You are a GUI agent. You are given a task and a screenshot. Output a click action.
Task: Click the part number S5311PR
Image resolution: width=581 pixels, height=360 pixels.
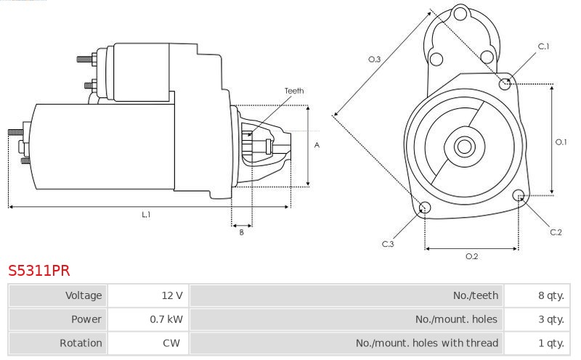tap(39, 271)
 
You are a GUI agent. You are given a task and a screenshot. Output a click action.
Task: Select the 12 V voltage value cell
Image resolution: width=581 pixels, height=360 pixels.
tap(148, 295)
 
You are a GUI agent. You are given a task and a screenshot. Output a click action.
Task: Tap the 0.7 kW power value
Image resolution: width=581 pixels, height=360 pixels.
tap(148, 319)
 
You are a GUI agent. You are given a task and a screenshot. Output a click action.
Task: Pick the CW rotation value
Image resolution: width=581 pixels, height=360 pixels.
tap(148, 343)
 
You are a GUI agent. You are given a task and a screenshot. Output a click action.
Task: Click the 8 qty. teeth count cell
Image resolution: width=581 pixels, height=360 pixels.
tap(537, 295)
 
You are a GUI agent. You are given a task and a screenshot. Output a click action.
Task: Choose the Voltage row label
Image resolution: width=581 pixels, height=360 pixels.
tap(84, 295)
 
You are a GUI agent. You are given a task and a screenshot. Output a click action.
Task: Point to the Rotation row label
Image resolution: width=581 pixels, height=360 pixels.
tap(81, 343)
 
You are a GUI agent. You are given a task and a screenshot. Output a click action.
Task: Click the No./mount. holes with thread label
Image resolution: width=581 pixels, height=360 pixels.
tap(427, 343)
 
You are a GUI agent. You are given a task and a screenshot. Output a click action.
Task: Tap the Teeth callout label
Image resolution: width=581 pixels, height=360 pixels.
tap(294, 91)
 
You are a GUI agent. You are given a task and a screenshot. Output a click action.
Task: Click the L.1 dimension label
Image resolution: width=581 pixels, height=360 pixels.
tap(146, 214)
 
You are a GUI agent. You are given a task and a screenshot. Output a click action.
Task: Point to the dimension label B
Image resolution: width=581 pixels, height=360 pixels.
tap(242, 232)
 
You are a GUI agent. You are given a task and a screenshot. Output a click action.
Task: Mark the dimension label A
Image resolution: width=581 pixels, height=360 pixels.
tap(317, 145)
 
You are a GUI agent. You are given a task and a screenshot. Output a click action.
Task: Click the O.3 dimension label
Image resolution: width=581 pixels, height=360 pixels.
tap(374, 60)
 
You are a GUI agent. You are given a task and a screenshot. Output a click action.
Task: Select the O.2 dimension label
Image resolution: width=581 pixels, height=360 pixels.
tap(471, 256)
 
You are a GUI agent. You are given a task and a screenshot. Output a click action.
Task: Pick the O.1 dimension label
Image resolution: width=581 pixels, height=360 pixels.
tap(561, 142)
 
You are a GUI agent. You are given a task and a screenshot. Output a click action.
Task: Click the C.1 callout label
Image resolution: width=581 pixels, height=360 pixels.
tap(543, 46)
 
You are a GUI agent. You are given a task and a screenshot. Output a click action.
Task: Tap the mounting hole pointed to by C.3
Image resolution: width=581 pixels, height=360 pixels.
tap(425, 208)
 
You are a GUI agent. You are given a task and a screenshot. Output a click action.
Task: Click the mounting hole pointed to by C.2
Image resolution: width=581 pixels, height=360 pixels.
tap(519, 195)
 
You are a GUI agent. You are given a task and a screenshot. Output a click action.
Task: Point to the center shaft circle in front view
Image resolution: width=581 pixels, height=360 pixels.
tap(464, 147)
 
